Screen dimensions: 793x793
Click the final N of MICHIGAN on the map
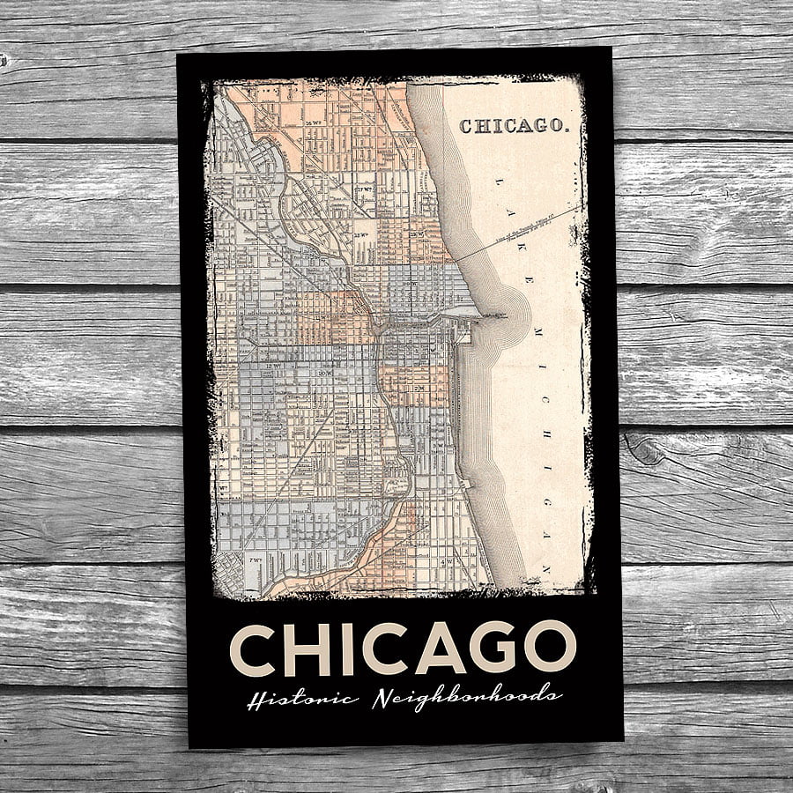pyautogui.click(x=545, y=567)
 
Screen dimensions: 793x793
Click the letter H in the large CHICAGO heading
pyautogui.click(x=306, y=648)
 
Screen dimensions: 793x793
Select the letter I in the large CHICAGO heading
pyautogui.click(x=345, y=648)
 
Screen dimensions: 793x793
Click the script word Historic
pyautogui.click(x=302, y=700)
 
